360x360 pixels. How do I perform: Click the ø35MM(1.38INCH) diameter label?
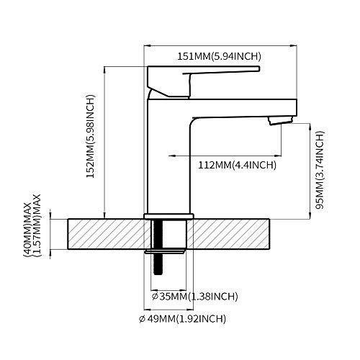point(194,296)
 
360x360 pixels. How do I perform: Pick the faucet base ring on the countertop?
point(168,215)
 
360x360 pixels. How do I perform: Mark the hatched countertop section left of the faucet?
point(104,233)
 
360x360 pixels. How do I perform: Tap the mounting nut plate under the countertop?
point(167,251)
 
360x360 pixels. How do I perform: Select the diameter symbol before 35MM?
point(155,296)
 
